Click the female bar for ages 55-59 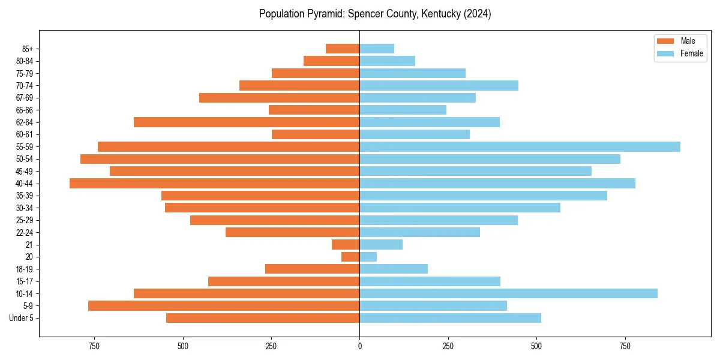click(x=520, y=146)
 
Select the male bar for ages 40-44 click(x=214, y=183)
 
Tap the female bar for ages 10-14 click(x=508, y=293)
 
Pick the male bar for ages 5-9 click(x=224, y=305)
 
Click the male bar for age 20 click(x=350, y=257)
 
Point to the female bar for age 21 click(x=381, y=244)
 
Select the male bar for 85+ click(x=343, y=49)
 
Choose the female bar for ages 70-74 click(x=439, y=85)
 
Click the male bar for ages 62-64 click(x=247, y=122)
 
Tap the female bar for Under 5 click(x=450, y=318)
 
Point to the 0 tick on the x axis click(x=360, y=346)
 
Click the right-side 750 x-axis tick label click(x=625, y=346)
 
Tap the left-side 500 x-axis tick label click(x=183, y=346)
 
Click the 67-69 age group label click(x=25, y=98)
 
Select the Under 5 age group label click(x=22, y=318)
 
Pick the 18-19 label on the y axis click(x=25, y=269)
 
